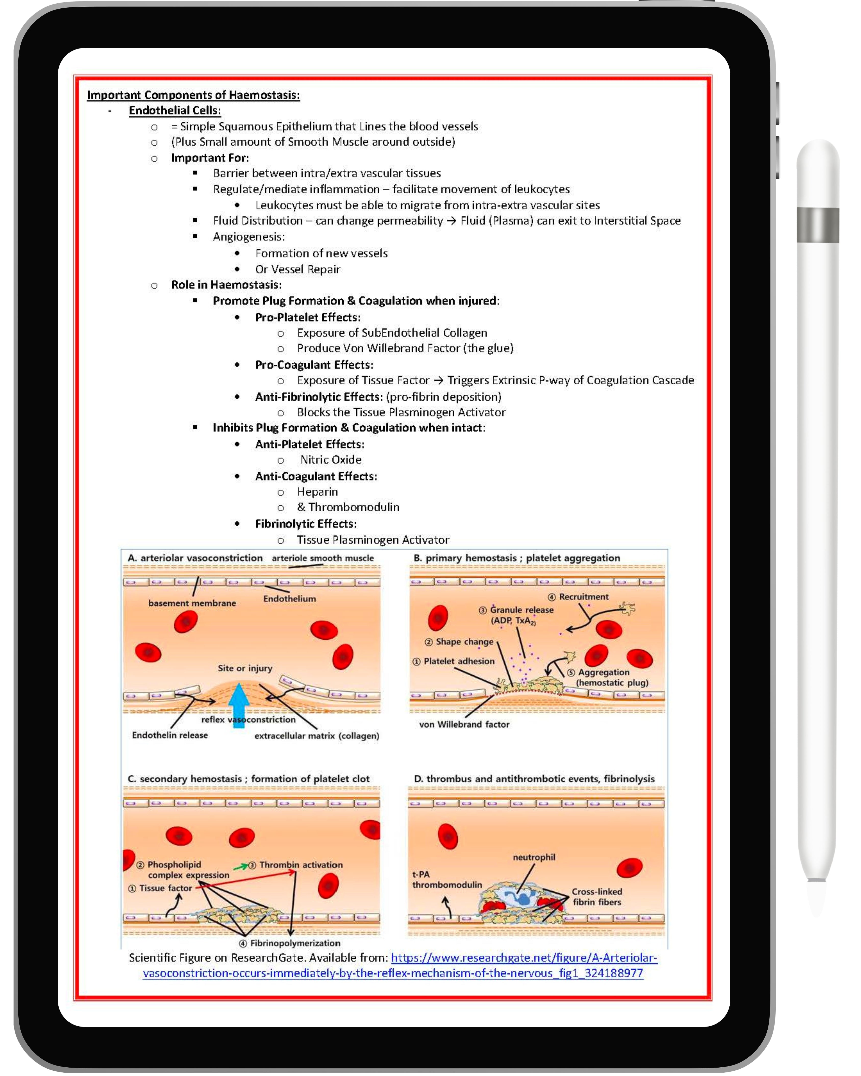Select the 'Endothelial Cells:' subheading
click(175, 110)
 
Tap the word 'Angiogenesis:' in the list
click(248, 237)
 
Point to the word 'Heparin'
click(317, 492)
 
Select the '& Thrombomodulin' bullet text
click(348, 507)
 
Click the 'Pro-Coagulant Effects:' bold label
click(314, 365)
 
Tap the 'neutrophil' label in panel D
click(534, 857)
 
